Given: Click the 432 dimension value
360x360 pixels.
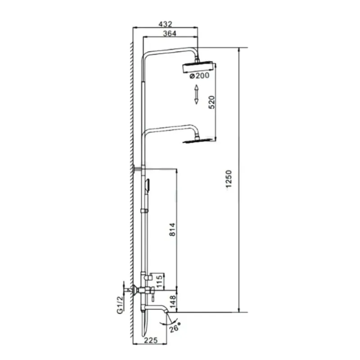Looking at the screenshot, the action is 165,24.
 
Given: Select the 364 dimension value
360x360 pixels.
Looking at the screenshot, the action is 170,33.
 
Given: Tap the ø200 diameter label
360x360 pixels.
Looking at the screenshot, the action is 199,75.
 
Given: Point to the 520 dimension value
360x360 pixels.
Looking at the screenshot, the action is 212,102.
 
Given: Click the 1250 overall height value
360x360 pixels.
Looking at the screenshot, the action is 229,179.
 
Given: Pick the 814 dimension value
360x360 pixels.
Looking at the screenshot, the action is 172,229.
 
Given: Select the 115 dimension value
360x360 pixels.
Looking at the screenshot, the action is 159,282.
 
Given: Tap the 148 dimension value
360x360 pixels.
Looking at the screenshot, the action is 172,301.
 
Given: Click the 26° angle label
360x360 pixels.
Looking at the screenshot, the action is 175,328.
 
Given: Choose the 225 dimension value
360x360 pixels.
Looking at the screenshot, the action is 151,340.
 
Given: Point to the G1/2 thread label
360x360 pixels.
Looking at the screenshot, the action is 120,305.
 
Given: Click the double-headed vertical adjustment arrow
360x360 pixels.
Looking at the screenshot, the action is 196,94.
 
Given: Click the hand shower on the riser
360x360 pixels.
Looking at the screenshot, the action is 147,185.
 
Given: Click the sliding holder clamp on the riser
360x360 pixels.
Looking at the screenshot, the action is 144,211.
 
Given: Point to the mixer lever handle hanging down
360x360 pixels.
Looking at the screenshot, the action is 152,296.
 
